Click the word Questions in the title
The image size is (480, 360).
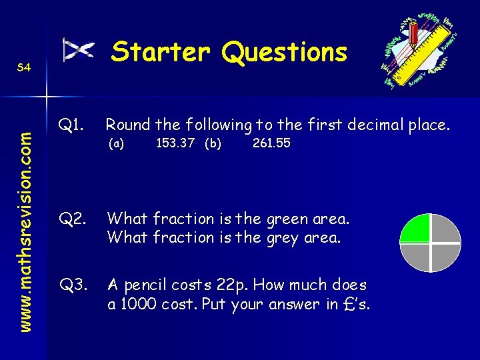(285, 52)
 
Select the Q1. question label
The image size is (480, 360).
(71, 124)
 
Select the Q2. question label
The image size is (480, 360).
(71, 218)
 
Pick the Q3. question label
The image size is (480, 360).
(71, 285)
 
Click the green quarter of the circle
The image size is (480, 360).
(415, 229)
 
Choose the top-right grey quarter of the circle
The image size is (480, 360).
(446, 229)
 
